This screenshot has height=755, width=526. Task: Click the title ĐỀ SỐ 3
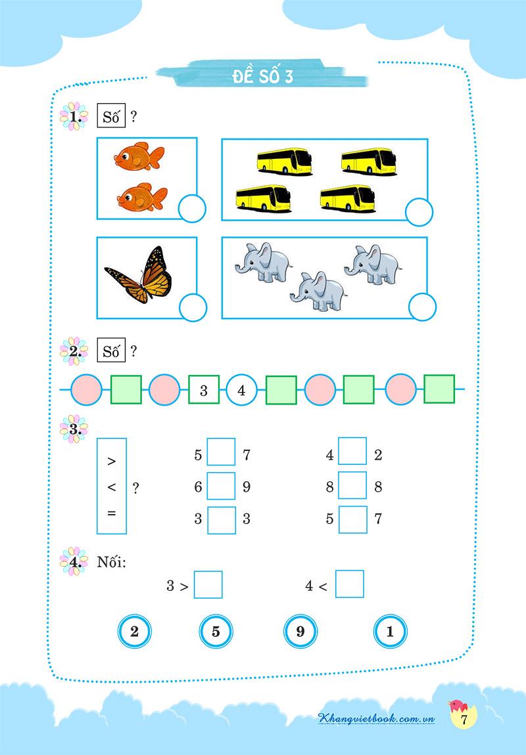coord(263,76)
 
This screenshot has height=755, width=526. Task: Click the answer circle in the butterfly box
coord(193,307)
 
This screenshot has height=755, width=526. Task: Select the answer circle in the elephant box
coord(422,307)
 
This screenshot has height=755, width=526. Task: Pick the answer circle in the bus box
coord(419,212)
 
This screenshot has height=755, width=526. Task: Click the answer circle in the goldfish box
coord(192,209)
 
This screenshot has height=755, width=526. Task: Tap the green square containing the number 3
coord(203,389)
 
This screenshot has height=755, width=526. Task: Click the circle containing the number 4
coord(241,389)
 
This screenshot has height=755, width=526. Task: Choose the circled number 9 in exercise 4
coord(300,632)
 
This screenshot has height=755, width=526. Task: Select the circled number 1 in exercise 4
coord(390,632)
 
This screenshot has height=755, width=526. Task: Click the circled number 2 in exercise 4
coord(135,632)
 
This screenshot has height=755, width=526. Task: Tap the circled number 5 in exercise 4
coord(216,632)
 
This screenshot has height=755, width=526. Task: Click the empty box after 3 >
coord(208,584)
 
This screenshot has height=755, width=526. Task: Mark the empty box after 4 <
coord(350,584)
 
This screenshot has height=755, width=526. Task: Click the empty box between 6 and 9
coord(222,486)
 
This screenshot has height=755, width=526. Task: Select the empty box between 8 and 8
coord(352,485)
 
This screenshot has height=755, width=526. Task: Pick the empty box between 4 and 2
coord(352,450)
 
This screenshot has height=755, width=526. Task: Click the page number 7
coord(464,720)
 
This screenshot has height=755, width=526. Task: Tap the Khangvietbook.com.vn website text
coord(377,718)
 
